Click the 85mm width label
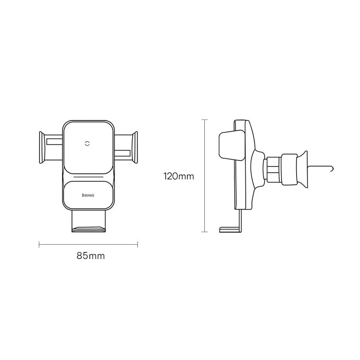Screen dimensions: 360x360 tap(91, 256)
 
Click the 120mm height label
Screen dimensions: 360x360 tap(178, 177)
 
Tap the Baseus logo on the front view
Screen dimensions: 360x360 tap(88, 195)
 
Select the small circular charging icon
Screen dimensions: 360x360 tap(87, 144)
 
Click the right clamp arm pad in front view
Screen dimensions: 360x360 tap(135, 147)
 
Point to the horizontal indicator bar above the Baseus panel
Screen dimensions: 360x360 tap(88, 177)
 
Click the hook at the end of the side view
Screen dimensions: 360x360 tap(331, 169)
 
